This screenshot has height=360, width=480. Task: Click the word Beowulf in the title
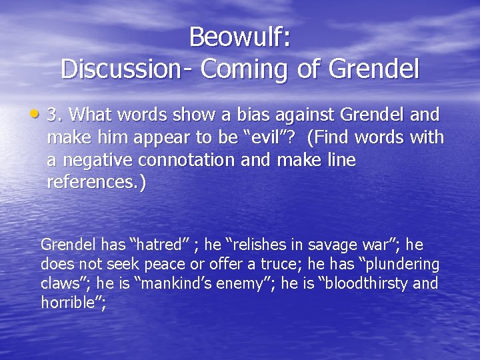pos(236,37)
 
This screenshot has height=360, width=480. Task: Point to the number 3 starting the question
pos(53,115)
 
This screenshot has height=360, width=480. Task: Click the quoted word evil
pos(270,138)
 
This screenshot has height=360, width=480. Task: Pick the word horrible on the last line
pos(67,303)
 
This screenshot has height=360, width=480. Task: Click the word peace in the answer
pos(159,264)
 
